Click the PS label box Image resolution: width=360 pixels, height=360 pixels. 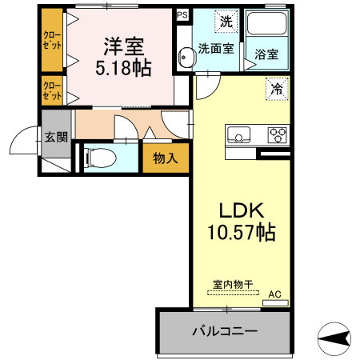coord(183,14)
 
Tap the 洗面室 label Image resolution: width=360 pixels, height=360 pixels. coord(216,49)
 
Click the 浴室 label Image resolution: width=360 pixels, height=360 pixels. coord(267,54)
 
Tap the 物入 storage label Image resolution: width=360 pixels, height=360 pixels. coord(166,158)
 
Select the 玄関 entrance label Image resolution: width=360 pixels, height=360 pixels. coord(56,137)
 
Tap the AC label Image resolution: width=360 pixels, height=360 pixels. coord(274,294)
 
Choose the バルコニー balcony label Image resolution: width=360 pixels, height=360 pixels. coord(223,330)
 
